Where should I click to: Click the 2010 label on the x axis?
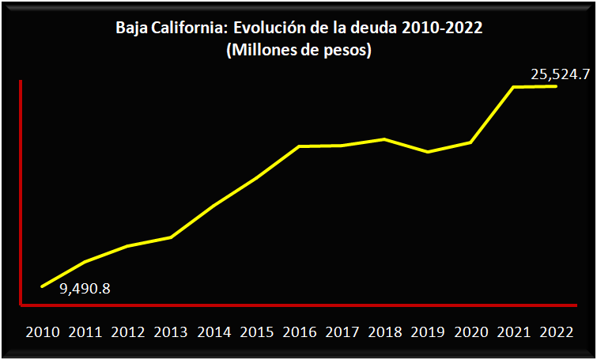[x=43, y=332]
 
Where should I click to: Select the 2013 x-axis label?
[x=171, y=332]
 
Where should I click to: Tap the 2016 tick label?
[x=299, y=332]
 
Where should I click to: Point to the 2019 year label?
[x=428, y=332]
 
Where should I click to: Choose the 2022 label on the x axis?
[x=556, y=332]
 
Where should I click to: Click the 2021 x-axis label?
[x=513, y=332]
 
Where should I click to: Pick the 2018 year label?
[x=385, y=332]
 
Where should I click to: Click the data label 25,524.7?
[x=560, y=75]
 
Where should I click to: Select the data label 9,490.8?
[x=85, y=288]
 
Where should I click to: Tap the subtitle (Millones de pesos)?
[x=299, y=51]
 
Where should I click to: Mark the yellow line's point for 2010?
[x=42, y=286]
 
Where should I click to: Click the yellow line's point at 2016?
[x=299, y=146]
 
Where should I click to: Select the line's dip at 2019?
[x=428, y=152]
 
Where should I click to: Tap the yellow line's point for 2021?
[x=514, y=87]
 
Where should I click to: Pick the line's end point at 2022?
[x=556, y=86]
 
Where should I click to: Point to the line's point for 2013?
[x=171, y=237]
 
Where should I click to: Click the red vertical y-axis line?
[x=21, y=190]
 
